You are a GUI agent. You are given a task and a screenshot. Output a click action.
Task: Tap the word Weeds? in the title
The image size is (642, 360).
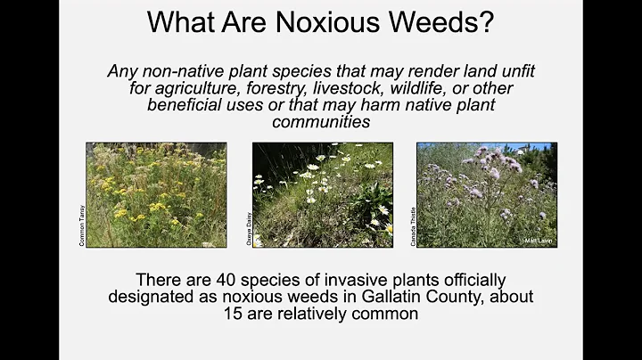pos(447,21)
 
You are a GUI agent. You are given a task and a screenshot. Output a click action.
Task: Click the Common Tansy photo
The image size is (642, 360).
pos(156,194)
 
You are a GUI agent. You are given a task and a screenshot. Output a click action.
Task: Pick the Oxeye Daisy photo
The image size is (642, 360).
pos(322,194)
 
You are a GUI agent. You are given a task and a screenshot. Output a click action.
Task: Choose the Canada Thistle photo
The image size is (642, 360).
pos(487,194)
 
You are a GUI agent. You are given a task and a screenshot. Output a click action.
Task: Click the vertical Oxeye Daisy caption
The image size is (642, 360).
pos(247,228)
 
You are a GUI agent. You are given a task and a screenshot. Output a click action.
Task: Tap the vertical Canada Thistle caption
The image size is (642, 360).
pos(412,226)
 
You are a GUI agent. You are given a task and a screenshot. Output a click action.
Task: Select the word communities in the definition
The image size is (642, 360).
pos(322,121)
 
